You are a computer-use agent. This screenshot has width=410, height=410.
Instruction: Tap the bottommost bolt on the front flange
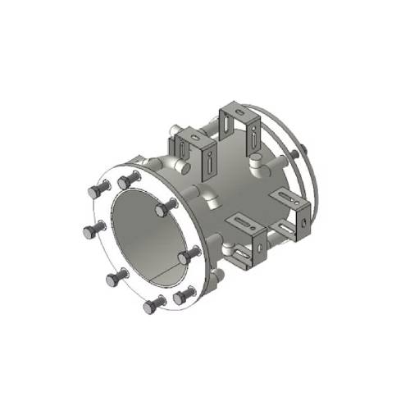(x=153, y=307)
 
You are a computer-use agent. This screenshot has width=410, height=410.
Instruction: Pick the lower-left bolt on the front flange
(x=115, y=280)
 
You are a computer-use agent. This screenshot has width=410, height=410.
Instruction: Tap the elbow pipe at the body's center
(x=212, y=197)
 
